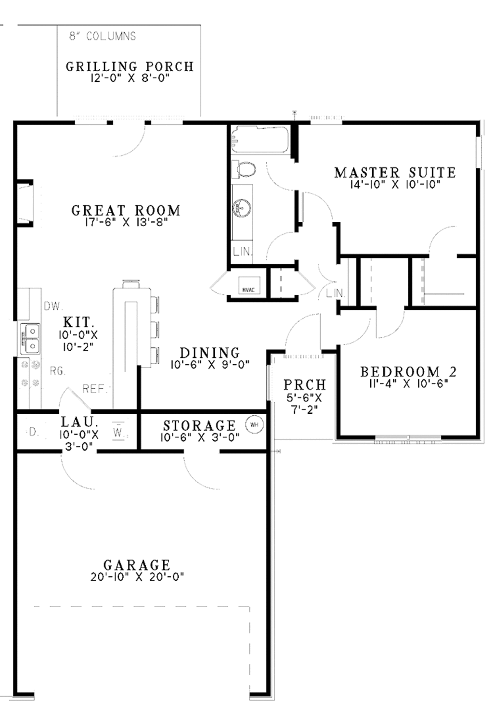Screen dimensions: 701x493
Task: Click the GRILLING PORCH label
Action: pos(130,66)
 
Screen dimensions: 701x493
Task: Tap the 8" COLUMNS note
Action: pos(103,37)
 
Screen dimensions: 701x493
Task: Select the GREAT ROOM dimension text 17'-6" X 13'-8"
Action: pos(126,222)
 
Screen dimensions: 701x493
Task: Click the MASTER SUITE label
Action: pos(395,172)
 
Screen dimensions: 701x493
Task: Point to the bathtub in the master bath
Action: pos(259,139)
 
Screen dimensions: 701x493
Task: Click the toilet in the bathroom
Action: pos(245,169)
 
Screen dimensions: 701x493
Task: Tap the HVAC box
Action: pos(249,289)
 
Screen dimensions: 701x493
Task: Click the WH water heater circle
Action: pos(254,425)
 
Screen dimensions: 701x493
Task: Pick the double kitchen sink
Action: pos(30,339)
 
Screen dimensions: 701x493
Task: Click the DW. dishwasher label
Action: pos(53,306)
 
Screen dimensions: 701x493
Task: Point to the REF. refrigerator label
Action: pos(95,389)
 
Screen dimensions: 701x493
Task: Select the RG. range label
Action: pos(57,371)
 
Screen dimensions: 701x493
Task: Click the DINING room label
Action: pos(209,353)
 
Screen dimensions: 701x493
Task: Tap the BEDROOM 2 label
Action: pos(408,371)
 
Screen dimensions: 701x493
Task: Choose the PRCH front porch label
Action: pos(304,384)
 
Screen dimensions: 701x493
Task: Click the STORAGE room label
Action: pos(199,426)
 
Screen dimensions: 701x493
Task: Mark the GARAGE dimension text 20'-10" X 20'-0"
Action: pos(137,576)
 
